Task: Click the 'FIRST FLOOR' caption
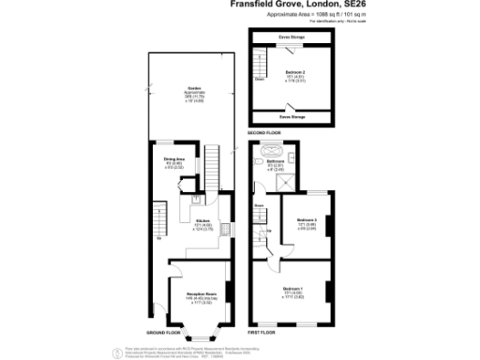[263, 332]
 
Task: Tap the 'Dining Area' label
[175, 160]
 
